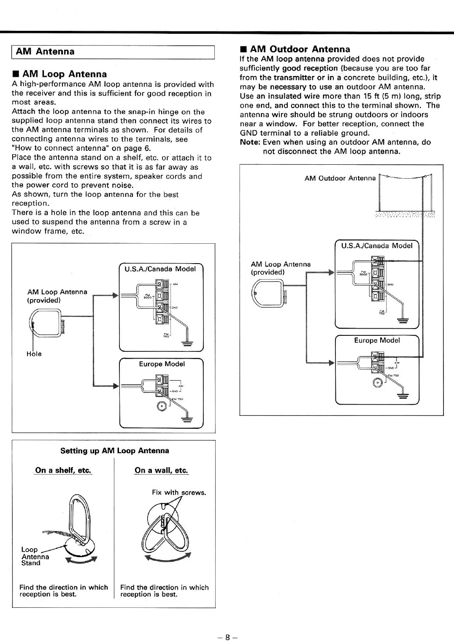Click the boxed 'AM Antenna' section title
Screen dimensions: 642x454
click(45, 52)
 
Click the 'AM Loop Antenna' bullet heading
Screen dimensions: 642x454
click(64, 74)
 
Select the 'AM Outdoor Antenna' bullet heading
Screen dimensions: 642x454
click(300, 49)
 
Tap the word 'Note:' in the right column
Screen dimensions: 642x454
click(250, 142)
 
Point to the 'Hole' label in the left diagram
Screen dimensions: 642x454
click(34, 354)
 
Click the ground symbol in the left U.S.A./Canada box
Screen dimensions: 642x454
click(187, 343)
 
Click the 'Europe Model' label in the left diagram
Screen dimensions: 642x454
click(162, 364)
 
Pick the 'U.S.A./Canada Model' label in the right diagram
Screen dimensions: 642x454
click(376, 246)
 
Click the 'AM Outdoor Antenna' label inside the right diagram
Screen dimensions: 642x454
click(340, 178)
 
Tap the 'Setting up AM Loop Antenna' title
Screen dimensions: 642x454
click(114, 451)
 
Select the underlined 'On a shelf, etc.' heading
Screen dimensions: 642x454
click(63, 471)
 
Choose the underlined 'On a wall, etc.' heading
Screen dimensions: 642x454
click(161, 471)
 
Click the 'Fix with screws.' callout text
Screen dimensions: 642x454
click(179, 492)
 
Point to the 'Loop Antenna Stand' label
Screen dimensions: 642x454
click(35, 556)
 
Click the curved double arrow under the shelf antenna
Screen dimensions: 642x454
click(81, 560)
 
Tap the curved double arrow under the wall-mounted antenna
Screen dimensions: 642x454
click(168, 558)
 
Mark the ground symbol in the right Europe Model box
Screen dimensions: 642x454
click(403, 395)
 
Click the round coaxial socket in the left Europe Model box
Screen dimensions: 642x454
click(162, 406)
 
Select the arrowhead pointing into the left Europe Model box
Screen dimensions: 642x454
click(116, 385)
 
